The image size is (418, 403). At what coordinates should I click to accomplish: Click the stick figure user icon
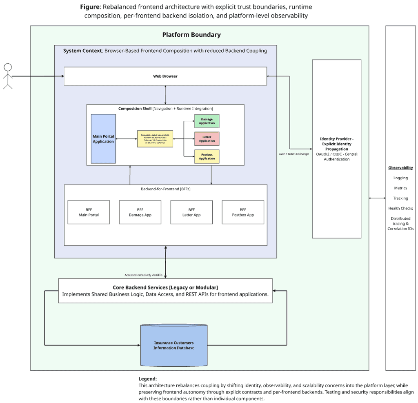[8, 76]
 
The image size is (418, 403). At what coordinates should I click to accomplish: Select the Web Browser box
[165, 76]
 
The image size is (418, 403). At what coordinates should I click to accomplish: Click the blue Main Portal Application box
[103, 139]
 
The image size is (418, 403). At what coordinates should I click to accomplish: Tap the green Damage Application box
[207, 121]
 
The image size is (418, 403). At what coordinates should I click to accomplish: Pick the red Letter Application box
[207, 139]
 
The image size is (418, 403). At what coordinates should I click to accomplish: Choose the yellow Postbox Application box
[207, 156]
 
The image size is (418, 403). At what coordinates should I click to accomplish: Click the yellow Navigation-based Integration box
[155, 139]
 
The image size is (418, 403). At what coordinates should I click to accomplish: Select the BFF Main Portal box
[89, 212]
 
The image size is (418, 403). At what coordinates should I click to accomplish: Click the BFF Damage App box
[140, 212]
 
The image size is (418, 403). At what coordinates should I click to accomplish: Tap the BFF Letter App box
[191, 212]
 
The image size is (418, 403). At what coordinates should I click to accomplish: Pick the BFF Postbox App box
[243, 212]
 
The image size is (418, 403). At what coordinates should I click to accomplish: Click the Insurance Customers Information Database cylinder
[174, 345]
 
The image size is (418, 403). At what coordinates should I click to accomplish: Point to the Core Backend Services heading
[165, 287]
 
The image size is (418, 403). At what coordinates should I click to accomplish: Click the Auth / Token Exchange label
[293, 154]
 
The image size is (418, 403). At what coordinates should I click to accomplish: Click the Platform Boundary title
[191, 35]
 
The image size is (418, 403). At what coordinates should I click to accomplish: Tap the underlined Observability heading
[400, 168]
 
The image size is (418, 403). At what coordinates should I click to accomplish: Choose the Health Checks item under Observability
[400, 208]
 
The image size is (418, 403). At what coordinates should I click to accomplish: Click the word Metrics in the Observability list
[400, 188]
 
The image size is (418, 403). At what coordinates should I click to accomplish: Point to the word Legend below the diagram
[147, 379]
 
